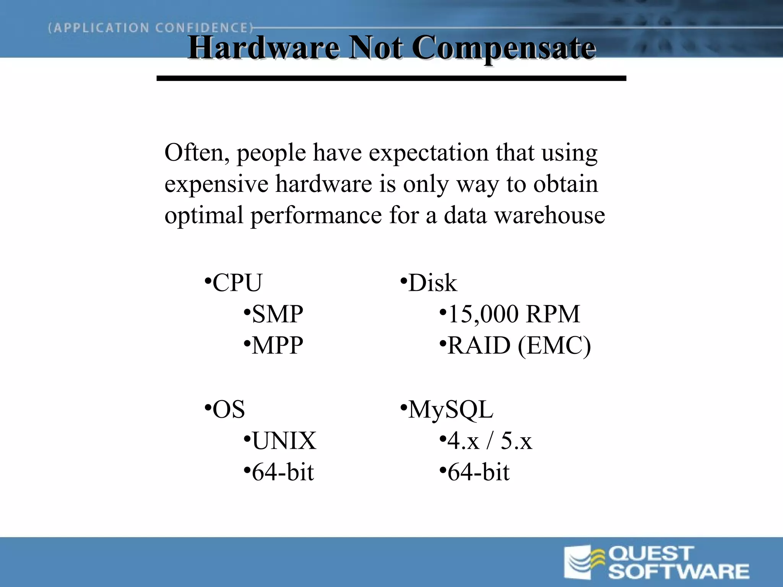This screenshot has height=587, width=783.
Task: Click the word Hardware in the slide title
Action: (x=263, y=48)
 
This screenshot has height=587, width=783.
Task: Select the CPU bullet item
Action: (x=237, y=283)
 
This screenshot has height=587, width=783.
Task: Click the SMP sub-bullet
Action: (x=277, y=314)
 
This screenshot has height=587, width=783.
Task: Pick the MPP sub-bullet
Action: (x=277, y=345)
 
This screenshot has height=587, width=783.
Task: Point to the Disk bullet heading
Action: (x=432, y=283)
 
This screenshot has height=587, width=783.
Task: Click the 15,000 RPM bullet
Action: (x=513, y=314)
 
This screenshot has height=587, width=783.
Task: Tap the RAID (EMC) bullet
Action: (x=518, y=346)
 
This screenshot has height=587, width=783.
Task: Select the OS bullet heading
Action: (x=228, y=409)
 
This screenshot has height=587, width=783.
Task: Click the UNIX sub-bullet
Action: (x=284, y=441)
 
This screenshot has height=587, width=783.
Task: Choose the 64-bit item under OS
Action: (x=283, y=472)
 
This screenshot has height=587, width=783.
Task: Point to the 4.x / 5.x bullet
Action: (x=489, y=441)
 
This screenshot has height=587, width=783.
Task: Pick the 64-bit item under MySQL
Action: (x=478, y=472)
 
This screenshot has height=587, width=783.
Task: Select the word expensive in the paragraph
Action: (x=216, y=184)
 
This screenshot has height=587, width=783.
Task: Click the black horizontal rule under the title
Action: (x=391, y=78)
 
